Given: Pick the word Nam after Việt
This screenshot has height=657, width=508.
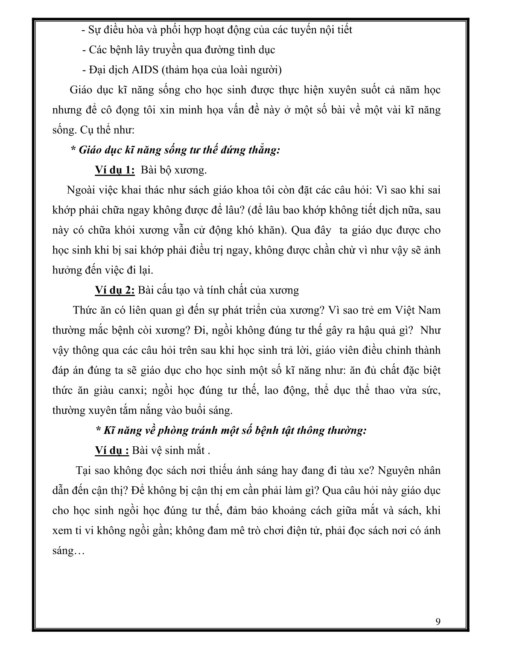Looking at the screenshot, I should [x=428, y=310].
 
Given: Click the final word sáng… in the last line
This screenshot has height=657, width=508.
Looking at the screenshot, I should [x=68, y=551].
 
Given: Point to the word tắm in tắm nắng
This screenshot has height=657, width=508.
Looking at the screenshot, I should [x=131, y=410].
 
